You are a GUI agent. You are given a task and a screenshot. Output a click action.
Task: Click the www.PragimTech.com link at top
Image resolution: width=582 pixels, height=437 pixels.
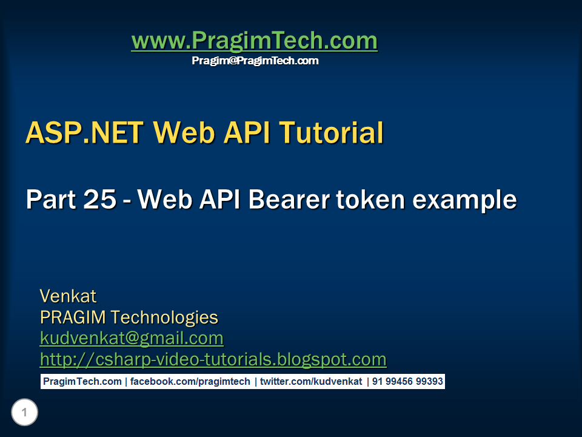pyautogui.click(x=254, y=41)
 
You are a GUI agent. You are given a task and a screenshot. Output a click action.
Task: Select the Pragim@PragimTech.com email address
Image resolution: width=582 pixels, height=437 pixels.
pyautogui.click(x=255, y=61)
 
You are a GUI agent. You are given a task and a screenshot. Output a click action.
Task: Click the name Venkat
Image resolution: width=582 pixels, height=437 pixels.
pyautogui.click(x=68, y=296)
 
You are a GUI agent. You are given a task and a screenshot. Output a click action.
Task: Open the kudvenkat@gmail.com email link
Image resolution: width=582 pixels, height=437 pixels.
pyautogui.click(x=132, y=338)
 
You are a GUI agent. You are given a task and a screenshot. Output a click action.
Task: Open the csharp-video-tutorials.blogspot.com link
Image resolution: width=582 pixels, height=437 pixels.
pyautogui.click(x=213, y=359)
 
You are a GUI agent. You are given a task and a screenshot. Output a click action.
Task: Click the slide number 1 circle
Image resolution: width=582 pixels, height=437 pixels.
pyautogui.click(x=24, y=413)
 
